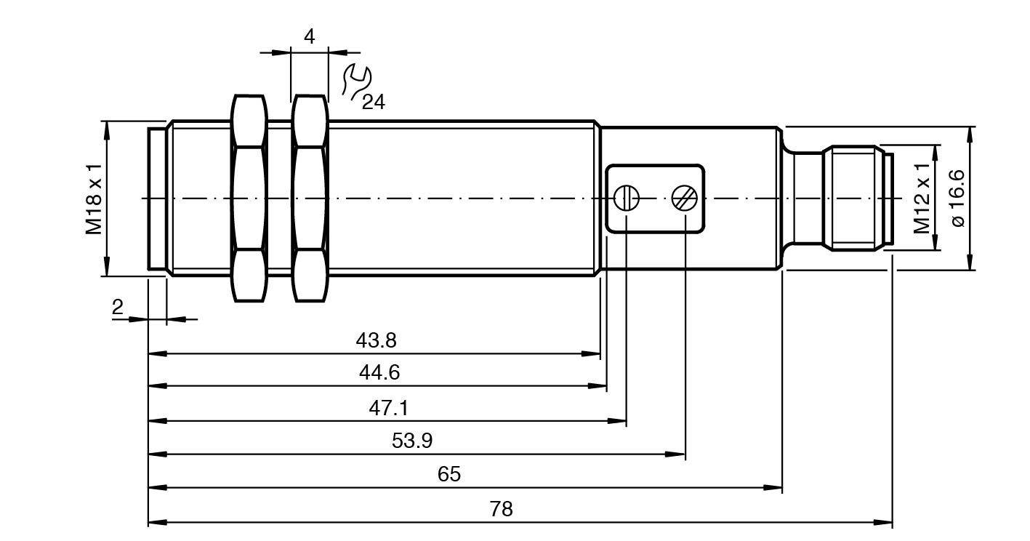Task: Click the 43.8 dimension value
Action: [x=376, y=340]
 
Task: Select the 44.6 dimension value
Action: [x=379, y=373]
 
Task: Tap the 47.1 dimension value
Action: [x=388, y=407]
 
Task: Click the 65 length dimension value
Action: [x=449, y=474]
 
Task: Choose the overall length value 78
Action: [x=501, y=508]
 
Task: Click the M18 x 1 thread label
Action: [x=94, y=198]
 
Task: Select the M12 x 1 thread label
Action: [x=922, y=198]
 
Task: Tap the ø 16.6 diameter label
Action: [x=957, y=198]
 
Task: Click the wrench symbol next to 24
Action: [x=356, y=81]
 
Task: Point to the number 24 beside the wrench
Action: [x=374, y=102]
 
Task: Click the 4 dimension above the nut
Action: [x=310, y=37]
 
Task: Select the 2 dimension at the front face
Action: [x=118, y=307]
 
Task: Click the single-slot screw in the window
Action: [x=627, y=198]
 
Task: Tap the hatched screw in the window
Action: [x=685, y=198]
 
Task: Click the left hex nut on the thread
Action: [x=249, y=198]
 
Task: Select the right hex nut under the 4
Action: [x=310, y=198]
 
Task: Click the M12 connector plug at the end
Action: [x=855, y=198]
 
